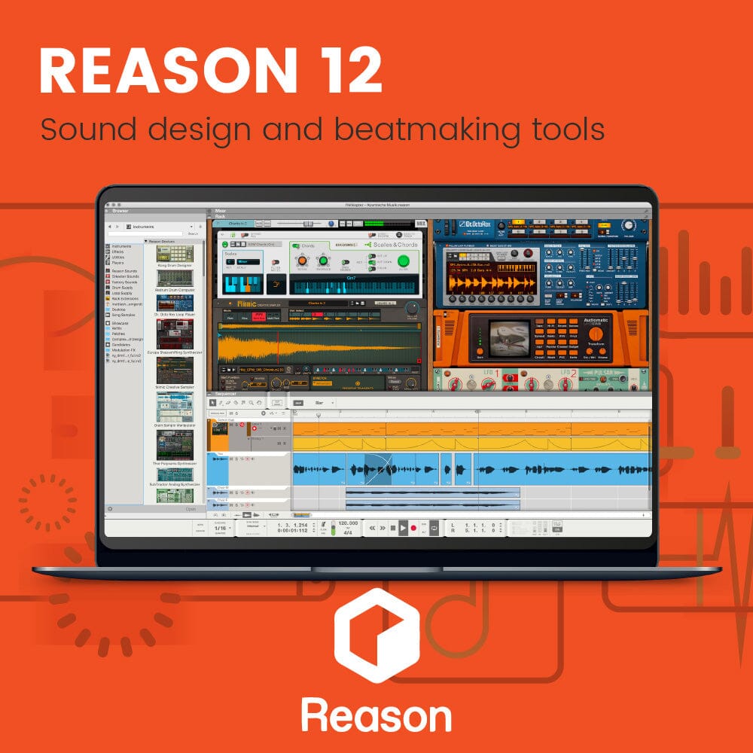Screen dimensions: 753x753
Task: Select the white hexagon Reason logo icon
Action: (376, 636)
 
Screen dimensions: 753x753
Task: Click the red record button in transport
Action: (413, 528)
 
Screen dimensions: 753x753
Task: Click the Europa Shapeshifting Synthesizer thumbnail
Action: (174, 333)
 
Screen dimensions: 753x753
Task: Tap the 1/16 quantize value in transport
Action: (220, 528)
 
